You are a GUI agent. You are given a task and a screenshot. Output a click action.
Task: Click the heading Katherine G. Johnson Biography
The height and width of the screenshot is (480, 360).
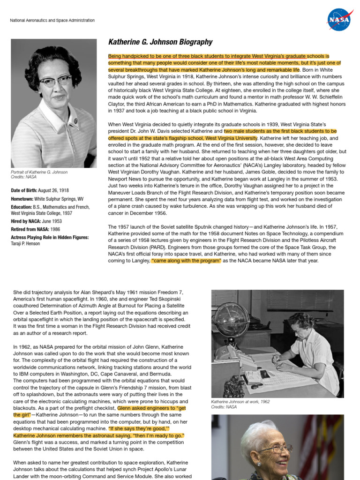pyautogui.click(x=160, y=42)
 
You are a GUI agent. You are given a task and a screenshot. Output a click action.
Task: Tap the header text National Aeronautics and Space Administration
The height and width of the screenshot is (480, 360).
pyautogui.click(x=52, y=21)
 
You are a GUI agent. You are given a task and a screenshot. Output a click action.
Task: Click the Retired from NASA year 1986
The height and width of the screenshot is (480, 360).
pyautogui.click(x=55, y=230)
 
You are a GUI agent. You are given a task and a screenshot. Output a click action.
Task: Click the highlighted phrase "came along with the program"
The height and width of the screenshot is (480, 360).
pyautogui.click(x=186, y=261)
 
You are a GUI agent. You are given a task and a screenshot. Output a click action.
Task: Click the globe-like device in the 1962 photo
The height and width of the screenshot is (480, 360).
pyautogui.click(x=230, y=320)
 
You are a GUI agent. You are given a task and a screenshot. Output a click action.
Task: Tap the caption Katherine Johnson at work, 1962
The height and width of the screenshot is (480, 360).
pyautogui.click(x=240, y=402)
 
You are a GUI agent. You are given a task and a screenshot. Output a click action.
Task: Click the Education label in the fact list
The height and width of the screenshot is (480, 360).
pyautogui.click(x=22, y=207)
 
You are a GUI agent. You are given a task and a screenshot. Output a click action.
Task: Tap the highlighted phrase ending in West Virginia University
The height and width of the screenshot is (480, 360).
pyautogui.click(x=183, y=138)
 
